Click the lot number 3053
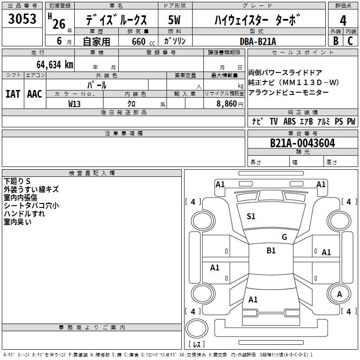coord(22,19)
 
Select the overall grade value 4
coord(343,20)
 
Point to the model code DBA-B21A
coord(258,41)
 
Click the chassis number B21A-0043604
coord(302,143)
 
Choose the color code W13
coord(75,103)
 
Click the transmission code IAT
coord(13,94)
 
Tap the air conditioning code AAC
coord(35,94)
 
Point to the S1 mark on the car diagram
coord(251,216)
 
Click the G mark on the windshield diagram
coord(284,237)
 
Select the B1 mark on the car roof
coord(271,251)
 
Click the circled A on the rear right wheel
coord(340,294)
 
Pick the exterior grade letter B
coord(336,41)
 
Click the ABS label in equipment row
coord(289,121)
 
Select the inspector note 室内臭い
coord(18,221)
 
